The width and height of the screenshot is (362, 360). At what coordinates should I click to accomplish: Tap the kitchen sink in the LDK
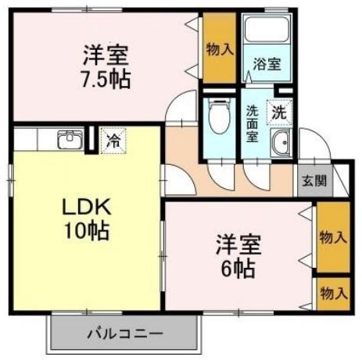click(70, 139)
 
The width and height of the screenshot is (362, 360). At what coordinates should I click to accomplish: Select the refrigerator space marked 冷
click(113, 141)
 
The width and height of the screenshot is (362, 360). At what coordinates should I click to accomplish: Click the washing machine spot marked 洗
click(279, 113)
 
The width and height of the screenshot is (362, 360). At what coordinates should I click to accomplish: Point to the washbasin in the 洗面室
click(281, 143)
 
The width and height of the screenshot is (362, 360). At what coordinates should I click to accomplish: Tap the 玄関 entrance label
click(314, 180)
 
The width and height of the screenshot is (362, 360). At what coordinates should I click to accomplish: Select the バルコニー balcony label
click(125, 333)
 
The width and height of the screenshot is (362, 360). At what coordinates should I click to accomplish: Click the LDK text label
click(87, 207)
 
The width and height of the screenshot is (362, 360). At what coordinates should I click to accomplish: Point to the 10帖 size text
click(87, 231)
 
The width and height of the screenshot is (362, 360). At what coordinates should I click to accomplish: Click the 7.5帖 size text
click(106, 80)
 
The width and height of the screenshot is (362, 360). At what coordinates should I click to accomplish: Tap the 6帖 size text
click(238, 269)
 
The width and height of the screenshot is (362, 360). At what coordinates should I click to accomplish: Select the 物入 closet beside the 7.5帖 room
click(220, 48)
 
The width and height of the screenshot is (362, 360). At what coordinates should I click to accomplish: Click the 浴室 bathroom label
click(267, 64)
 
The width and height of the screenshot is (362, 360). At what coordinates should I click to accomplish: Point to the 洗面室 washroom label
click(253, 123)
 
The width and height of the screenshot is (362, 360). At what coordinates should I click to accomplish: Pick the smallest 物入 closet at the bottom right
click(333, 294)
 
